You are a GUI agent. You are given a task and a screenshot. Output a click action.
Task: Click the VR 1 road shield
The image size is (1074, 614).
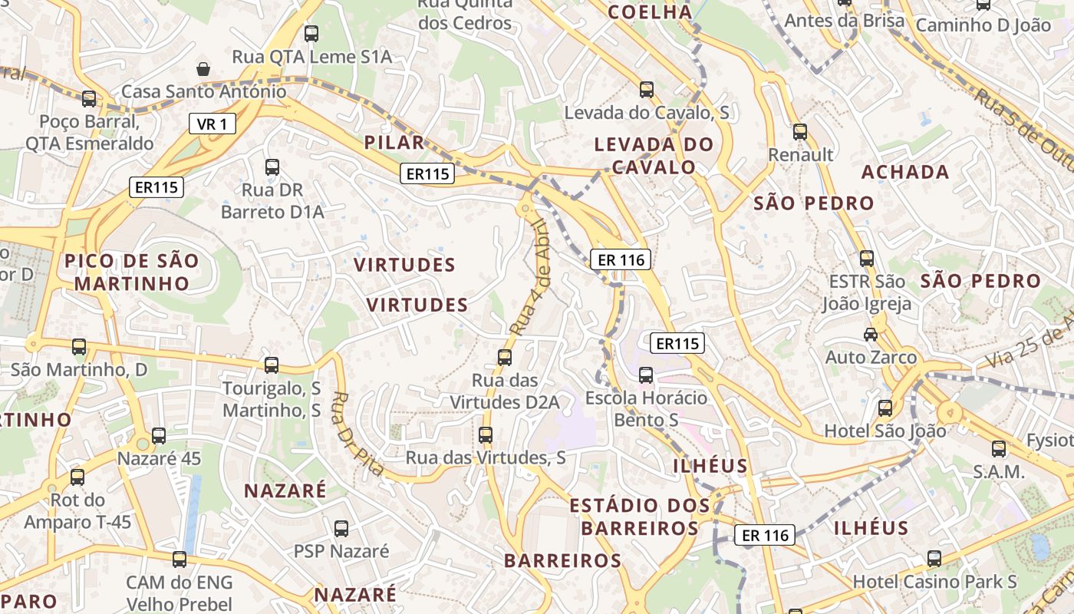pos(212,124)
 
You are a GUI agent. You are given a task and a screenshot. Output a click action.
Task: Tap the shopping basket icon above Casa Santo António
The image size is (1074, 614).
pos(203,69)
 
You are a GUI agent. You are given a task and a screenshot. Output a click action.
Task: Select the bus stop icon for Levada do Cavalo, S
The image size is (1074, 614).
pos(647,90)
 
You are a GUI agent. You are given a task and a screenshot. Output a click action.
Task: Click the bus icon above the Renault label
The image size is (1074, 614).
pos(800,132)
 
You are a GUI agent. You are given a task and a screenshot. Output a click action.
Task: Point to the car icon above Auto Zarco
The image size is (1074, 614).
pos(871,335)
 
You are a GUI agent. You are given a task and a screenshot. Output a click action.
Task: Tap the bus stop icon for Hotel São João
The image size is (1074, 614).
pos(885,408)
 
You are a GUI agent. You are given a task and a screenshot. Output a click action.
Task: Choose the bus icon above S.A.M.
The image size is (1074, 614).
pos(999,449)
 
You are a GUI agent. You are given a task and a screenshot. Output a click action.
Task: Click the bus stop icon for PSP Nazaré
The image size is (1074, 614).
pos(341,529)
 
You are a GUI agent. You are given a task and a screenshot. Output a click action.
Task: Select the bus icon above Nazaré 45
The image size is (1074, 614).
pos(159,436)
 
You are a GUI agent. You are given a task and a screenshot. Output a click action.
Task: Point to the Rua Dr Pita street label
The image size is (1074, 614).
pos(357,434)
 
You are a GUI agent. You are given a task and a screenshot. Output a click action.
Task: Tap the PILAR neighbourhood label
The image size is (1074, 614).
pos(394,142)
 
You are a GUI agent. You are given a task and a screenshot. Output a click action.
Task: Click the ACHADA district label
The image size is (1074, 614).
pos(905,172)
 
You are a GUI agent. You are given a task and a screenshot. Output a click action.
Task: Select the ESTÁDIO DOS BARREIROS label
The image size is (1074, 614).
pos(640,517)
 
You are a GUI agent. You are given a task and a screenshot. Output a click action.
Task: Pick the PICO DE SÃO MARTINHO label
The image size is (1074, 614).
pos(132,272)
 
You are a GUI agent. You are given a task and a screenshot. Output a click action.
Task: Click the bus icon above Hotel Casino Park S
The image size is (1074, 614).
pos(934,559)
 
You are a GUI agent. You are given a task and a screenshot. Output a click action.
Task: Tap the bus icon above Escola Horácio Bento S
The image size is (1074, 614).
pos(646,375)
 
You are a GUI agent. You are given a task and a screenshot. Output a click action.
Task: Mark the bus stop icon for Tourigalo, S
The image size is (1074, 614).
pos(272,365)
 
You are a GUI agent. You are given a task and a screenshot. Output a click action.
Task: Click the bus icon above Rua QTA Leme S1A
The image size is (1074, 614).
pos(311,34)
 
